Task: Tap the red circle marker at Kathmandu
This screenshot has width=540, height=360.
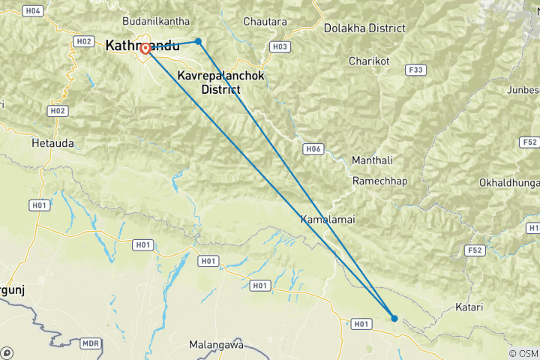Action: tap(145, 49)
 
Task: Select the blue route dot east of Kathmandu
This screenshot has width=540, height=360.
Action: tap(198, 41)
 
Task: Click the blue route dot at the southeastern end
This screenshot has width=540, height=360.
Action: tap(394, 318)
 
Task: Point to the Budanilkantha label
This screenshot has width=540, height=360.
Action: tap(156, 22)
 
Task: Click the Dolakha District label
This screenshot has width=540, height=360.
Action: tap(364, 28)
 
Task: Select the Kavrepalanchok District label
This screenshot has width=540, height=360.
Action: tap(209, 82)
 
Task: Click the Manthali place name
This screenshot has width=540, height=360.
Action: tap(373, 160)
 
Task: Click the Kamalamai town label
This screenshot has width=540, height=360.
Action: tap(327, 220)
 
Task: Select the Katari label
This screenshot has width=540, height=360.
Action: tap(469, 307)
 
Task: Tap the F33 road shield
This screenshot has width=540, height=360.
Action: tap(415, 70)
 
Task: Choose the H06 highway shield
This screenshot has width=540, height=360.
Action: tap(313, 149)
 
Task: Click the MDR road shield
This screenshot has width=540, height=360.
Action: tap(91, 343)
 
